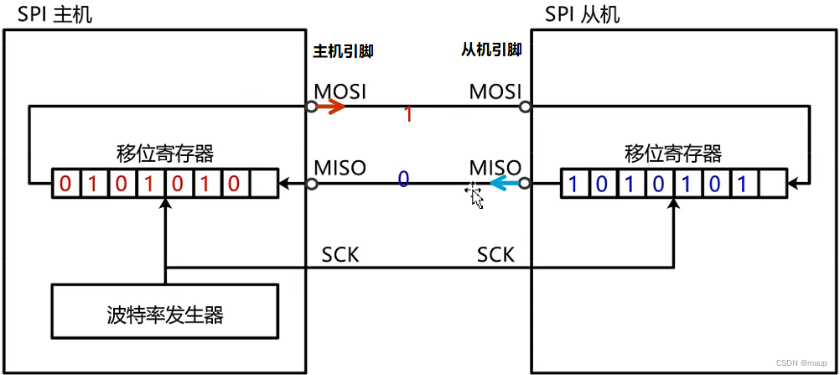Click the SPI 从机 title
click(x=583, y=15)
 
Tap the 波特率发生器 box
click(x=165, y=315)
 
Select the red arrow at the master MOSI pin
click(x=330, y=107)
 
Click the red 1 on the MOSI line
click(x=408, y=115)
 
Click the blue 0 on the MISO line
click(x=403, y=178)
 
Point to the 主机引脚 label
click(x=342, y=51)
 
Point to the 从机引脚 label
click(x=491, y=50)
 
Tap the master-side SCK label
click(x=340, y=254)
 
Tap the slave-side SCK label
click(x=495, y=254)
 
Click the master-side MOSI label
click(x=340, y=90)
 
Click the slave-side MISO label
click(x=495, y=167)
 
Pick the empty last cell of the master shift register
click(x=262, y=184)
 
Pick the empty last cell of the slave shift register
click(x=771, y=184)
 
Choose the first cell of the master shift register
click(x=65, y=184)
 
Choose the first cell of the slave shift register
click(x=574, y=184)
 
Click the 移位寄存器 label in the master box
click(x=164, y=154)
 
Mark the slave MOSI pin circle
click(x=525, y=107)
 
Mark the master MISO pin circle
click(x=311, y=184)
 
